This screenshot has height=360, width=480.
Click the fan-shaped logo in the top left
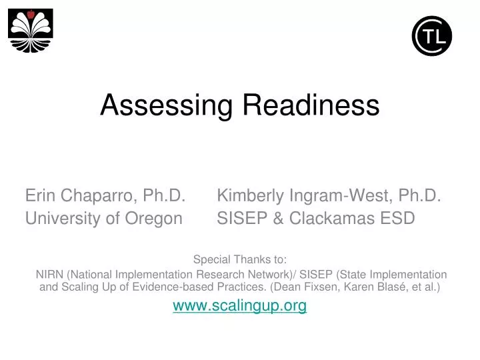[31, 31]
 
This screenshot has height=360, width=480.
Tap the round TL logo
[432, 36]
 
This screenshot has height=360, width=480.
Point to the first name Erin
[39, 195]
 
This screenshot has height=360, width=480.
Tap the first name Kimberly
[251, 195]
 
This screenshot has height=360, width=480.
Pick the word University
[65, 218]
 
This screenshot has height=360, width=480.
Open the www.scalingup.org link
[239, 305]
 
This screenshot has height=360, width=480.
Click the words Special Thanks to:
[239, 260]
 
